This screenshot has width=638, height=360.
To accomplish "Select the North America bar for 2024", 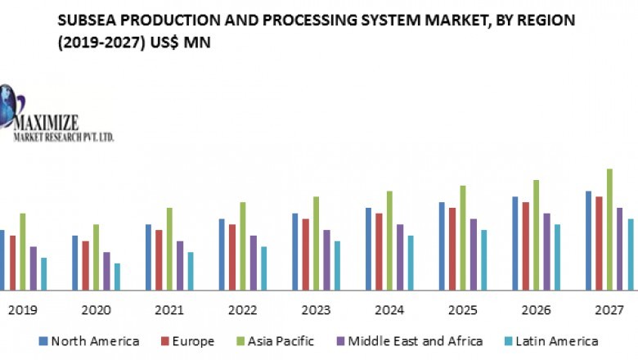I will pyautogui.click(x=369, y=249).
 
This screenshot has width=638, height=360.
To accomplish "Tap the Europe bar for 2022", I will pyautogui.click(x=232, y=257).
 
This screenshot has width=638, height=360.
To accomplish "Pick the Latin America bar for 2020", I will pyautogui.click(x=118, y=277).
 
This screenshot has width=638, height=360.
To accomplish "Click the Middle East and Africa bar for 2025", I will pyautogui.click(x=473, y=254).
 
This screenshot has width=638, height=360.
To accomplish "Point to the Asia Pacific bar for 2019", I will pyautogui.click(x=23, y=251).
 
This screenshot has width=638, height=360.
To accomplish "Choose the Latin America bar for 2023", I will pyautogui.click(x=337, y=265).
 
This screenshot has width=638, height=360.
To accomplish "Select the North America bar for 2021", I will pyautogui.click(x=149, y=257).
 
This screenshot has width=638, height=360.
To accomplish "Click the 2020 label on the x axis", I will pyautogui.click(x=97, y=311).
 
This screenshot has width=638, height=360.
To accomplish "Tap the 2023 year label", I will pyautogui.click(x=316, y=311).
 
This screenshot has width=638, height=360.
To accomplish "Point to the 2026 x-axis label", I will pyautogui.click(x=536, y=311).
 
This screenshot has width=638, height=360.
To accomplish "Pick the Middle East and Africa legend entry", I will pyautogui.click(x=414, y=341).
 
